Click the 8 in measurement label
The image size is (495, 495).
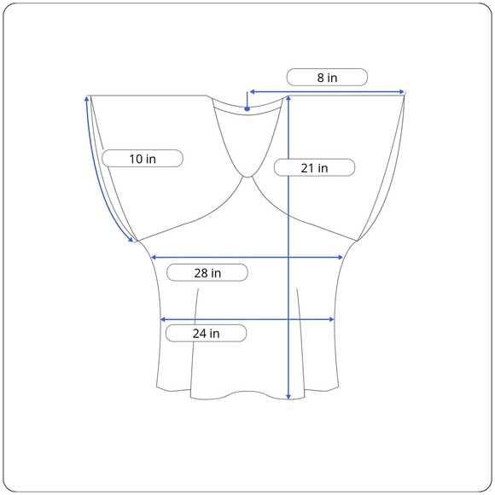click(x=327, y=78)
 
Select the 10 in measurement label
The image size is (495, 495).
click(x=143, y=159)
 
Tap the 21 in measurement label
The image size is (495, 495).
click(x=314, y=167)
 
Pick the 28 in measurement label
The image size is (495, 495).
click(x=207, y=273)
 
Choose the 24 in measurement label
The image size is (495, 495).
click(x=207, y=334)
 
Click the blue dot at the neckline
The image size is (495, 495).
click(x=247, y=109)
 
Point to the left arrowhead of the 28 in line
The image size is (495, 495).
click(x=154, y=257)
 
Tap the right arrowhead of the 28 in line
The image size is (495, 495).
click(x=341, y=257)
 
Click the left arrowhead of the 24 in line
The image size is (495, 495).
click(x=163, y=319)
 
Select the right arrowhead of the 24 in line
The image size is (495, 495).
click(x=331, y=319)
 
